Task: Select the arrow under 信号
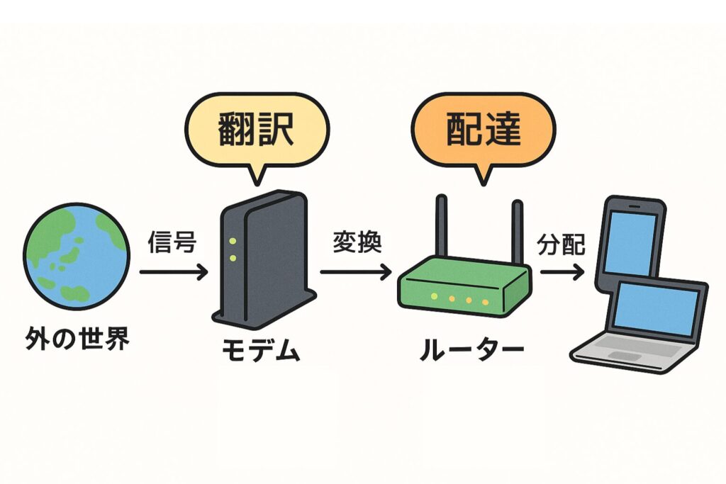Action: click(x=173, y=271)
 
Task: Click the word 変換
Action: click(x=357, y=243)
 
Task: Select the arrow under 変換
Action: click(x=355, y=271)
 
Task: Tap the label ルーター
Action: click(x=471, y=351)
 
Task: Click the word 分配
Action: click(x=562, y=244)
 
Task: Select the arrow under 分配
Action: click(x=561, y=271)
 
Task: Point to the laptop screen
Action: click(x=658, y=310)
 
